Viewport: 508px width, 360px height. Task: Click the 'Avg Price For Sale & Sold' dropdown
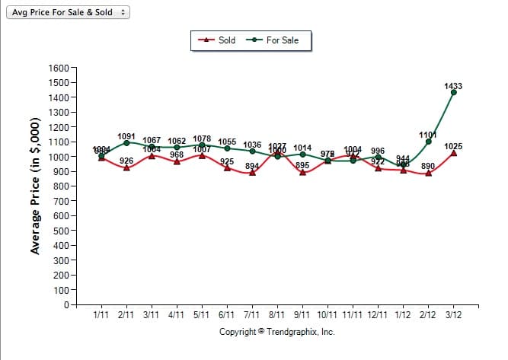(x=68, y=13)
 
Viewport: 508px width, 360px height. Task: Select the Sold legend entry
(x=217, y=40)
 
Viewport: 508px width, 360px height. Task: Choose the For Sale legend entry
(x=273, y=40)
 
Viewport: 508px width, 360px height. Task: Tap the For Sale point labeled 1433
(x=454, y=92)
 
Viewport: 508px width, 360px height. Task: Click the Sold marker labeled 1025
(x=454, y=153)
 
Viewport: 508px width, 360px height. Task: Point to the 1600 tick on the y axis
(x=58, y=68)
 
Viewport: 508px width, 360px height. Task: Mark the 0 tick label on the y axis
(x=67, y=305)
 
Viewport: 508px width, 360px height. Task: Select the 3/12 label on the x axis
(x=454, y=314)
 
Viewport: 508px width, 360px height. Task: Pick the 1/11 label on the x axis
(x=101, y=314)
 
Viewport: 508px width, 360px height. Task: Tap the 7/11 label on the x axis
(x=252, y=314)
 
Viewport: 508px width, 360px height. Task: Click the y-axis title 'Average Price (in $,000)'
(x=34, y=186)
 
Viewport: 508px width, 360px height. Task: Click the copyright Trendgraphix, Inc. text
(x=277, y=332)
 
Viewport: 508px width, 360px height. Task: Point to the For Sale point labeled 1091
(x=126, y=143)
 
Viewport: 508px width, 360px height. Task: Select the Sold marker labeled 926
(x=126, y=167)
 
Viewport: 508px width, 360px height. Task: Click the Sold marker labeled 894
(x=252, y=173)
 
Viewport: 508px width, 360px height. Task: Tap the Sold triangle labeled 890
(x=429, y=174)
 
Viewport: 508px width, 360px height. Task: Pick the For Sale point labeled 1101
(x=429, y=142)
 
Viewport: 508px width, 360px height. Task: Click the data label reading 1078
(x=202, y=139)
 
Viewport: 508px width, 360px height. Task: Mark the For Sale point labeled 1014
(x=302, y=155)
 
